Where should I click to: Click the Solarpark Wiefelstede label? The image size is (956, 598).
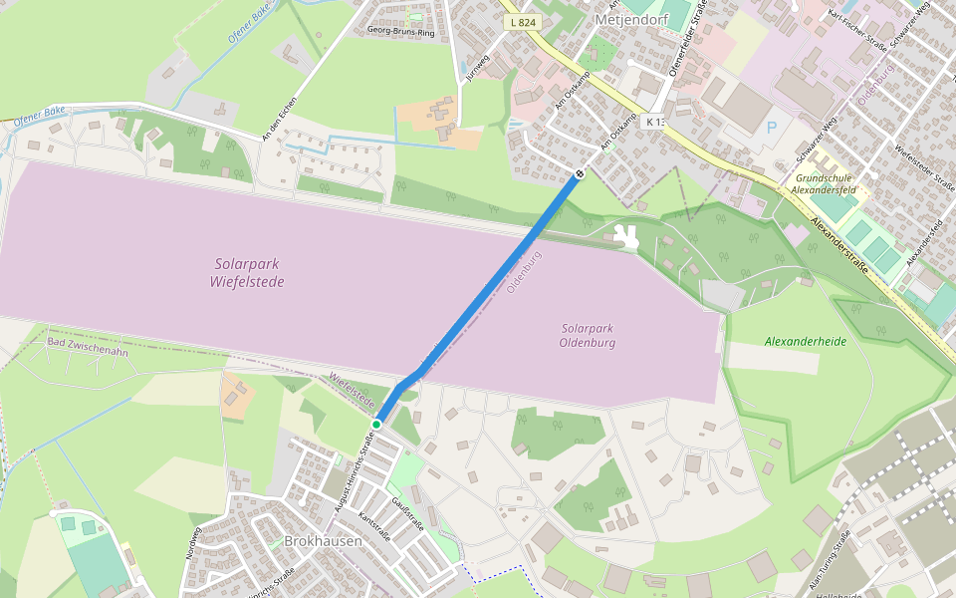tap(248, 273)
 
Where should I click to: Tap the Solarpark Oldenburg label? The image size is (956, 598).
tap(588, 335)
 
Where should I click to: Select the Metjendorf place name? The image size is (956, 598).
tap(627, 19)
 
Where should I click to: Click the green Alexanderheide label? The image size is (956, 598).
tap(805, 341)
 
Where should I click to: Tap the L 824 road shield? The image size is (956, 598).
tap(522, 22)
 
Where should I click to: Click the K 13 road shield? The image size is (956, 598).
tap(654, 122)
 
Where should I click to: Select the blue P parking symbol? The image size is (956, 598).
tap(771, 129)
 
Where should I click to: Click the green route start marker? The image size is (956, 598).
tap(376, 425)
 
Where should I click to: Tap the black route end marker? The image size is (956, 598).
tap(580, 173)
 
